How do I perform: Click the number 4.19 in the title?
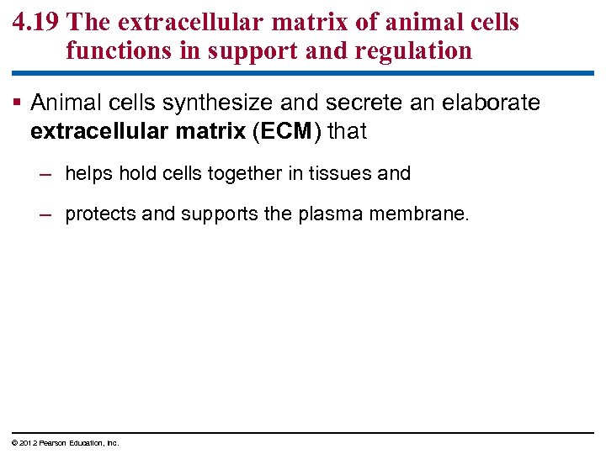[x=35, y=22]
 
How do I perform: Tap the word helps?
[x=88, y=174]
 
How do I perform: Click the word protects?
[x=100, y=214]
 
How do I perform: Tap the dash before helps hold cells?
[x=46, y=174]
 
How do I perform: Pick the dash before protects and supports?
[x=46, y=214]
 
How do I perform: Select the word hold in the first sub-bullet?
[x=133, y=174]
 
